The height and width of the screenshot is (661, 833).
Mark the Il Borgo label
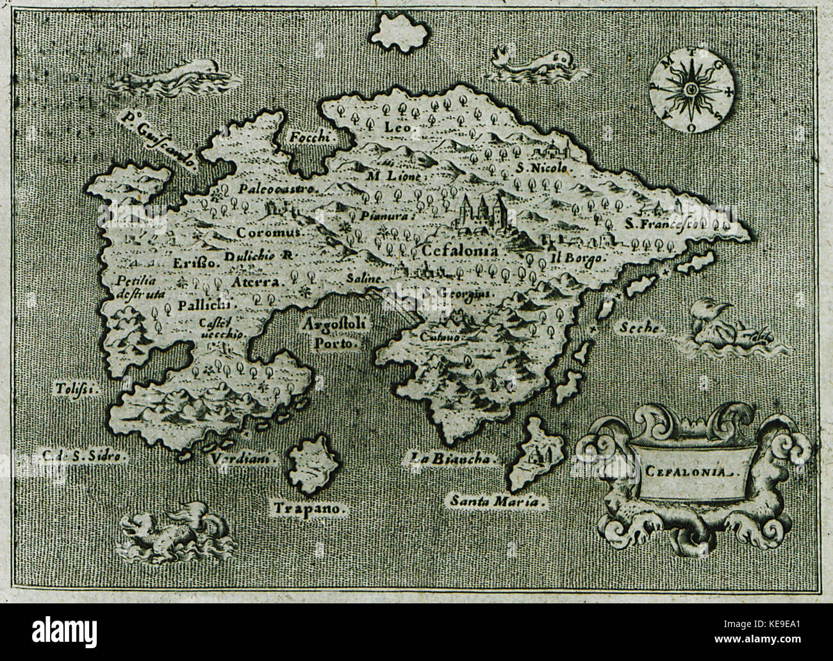pyautogui.click(x=576, y=259)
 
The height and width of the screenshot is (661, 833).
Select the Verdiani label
pyautogui.click(x=243, y=458)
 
